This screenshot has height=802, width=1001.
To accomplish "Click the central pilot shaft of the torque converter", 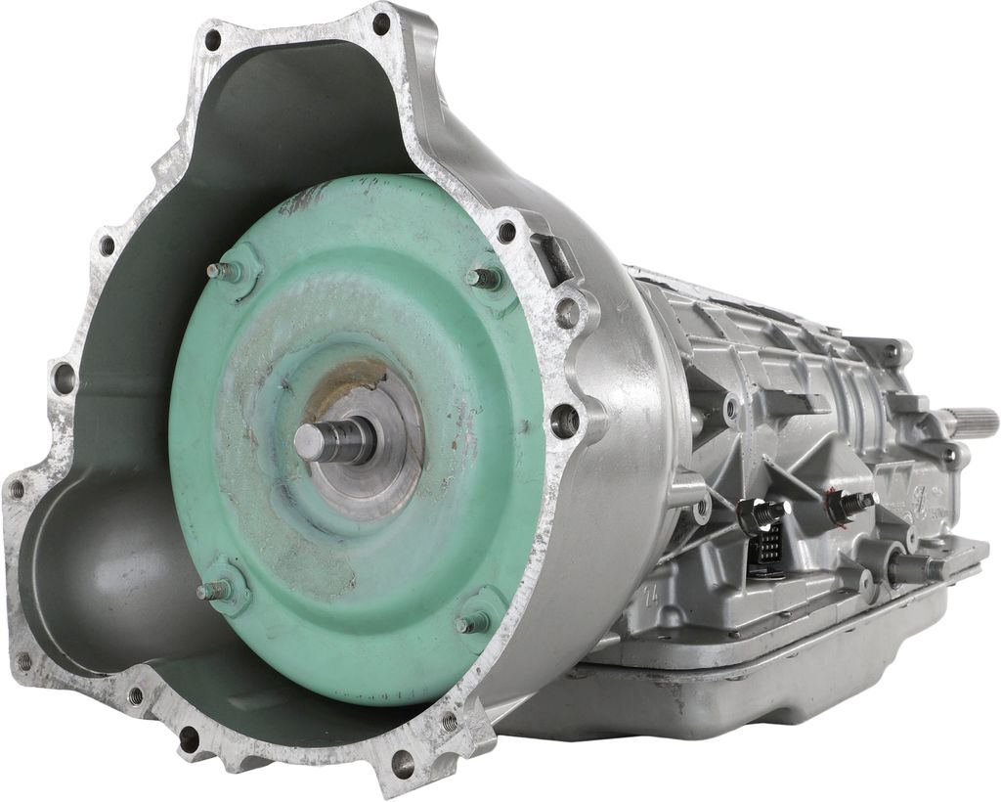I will (332, 441).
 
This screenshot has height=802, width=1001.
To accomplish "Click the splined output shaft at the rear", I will (973, 423).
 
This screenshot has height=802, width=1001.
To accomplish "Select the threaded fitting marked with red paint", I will (847, 505).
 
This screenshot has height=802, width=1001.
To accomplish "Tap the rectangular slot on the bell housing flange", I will (557, 256).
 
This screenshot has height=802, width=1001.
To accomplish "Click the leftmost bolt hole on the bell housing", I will (17, 488).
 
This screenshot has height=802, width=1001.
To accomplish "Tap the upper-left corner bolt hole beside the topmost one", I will (212, 40).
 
